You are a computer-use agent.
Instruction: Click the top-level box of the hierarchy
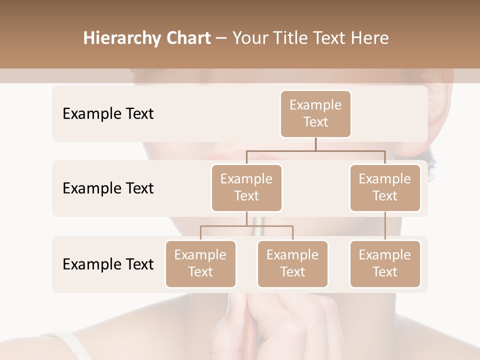click(315, 114)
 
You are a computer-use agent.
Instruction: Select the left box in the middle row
click(246, 188)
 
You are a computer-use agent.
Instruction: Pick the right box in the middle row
click(385, 188)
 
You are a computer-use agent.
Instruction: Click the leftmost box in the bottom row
click(200, 264)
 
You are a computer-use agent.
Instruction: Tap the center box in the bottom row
click(292, 264)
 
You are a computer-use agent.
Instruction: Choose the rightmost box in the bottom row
click(385, 264)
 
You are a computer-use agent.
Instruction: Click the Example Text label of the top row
click(108, 114)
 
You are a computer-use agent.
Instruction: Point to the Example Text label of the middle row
click(108, 188)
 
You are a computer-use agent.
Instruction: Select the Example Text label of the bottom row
click(108, 264)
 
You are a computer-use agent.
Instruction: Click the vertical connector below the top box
click(315, 144)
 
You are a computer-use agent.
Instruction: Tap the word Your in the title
click(248, 38)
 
